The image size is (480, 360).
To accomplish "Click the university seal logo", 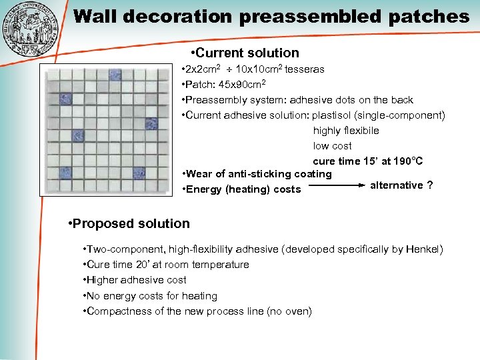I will pos(31,30).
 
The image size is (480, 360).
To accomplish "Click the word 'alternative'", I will pos(396,185).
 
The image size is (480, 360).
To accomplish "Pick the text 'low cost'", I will pos(332,146).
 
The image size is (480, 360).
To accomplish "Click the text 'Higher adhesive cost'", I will pos(136,280).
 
